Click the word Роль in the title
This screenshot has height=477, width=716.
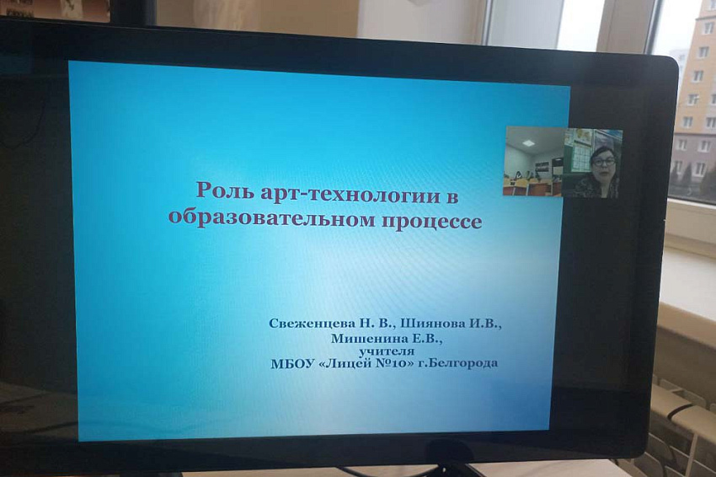[223, 190]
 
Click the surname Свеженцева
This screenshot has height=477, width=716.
[312, 324]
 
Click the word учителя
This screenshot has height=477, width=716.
[387, 351]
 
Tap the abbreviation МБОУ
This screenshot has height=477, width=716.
[292, 364]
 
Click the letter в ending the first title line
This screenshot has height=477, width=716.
[452, 197]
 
